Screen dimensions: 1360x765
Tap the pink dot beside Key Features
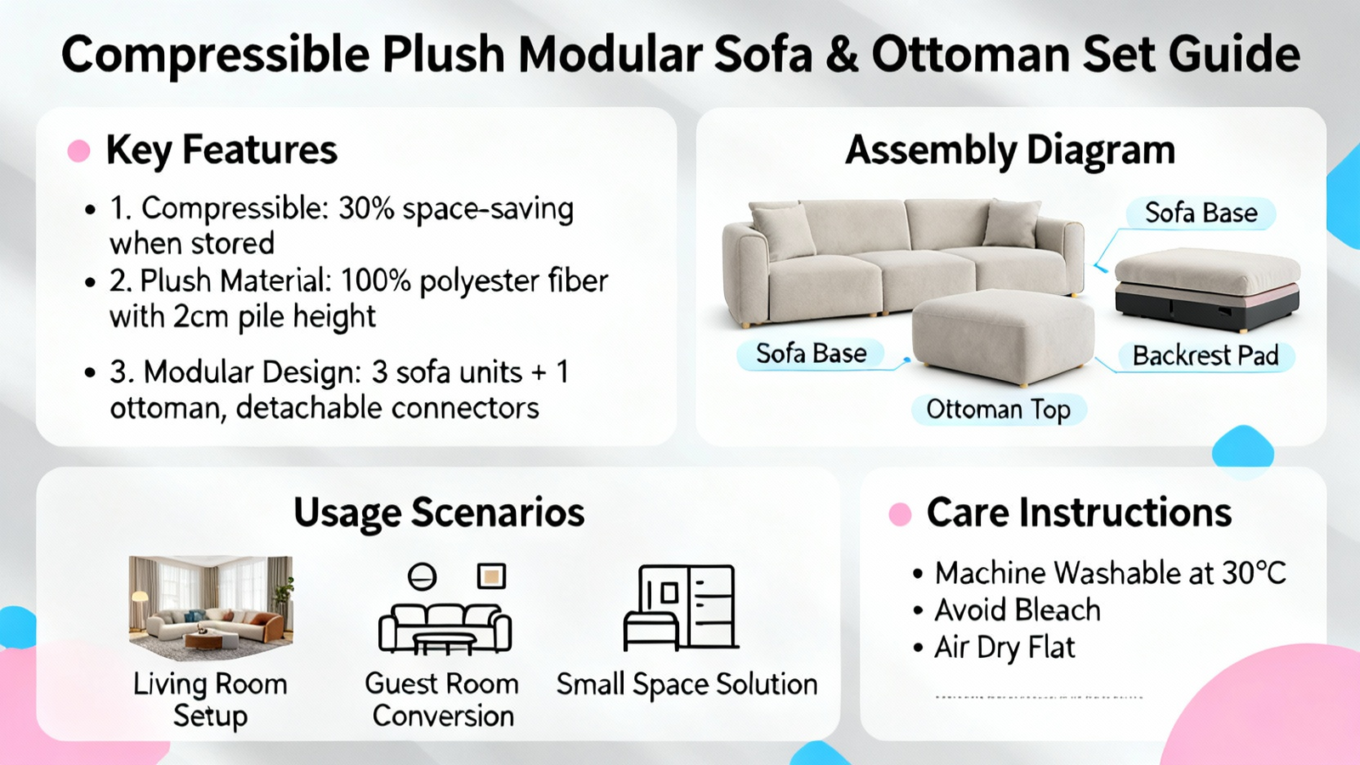tap(79, 150)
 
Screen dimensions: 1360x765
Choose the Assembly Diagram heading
tap(1011, 150)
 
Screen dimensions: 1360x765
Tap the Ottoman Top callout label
tap(999, 410)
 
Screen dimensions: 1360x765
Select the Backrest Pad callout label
tap(1206, 356)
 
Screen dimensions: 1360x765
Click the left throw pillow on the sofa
tap(783, 230)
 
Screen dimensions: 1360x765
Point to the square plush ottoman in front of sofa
tap(1003, 337)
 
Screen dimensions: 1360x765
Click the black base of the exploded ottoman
tap(1207, 309)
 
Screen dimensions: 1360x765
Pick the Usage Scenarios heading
tap(439, 513)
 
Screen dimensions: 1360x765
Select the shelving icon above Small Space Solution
tap(680, 607)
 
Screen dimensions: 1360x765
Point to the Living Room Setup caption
tap(210, 700)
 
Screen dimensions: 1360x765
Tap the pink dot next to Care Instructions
tap(900, 514)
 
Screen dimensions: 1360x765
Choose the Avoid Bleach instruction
tap(1017, 609)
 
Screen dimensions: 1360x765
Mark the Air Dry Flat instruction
tap(1005, 648)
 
